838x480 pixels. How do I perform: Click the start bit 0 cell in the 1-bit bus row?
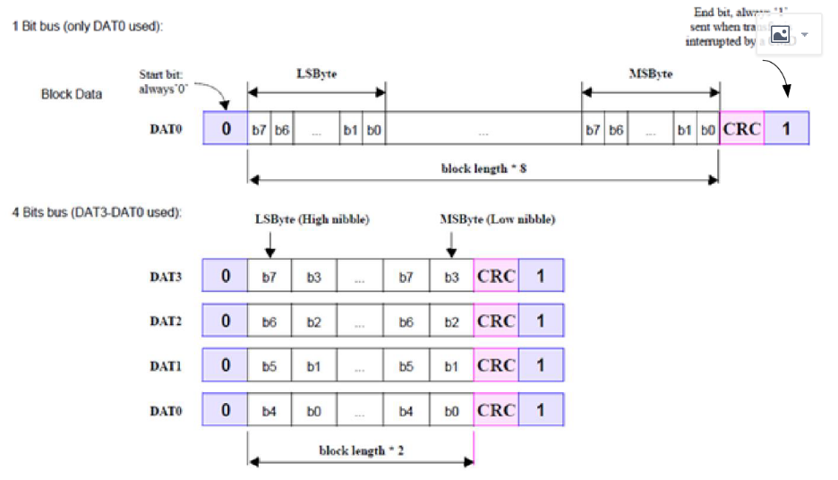coord(226,129)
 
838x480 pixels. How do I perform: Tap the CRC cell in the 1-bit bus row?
coord(741,129)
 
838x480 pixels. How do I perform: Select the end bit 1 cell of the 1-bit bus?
coord(785,129)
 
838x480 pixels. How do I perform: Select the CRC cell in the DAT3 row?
coord(496,276)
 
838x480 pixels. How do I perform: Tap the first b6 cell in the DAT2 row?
coord(269,321)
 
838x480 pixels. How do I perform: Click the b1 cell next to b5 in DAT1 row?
coord(314,365)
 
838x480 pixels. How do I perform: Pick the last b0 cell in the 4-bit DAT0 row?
coord(451,410)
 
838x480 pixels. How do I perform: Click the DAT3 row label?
coord(166,276)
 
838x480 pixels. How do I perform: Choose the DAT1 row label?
coord(166,365)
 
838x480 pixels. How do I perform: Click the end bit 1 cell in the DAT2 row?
coord(541,321)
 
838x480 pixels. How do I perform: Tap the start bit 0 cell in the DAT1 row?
coord(226,365)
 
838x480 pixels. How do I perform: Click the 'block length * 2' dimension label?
coord(361,450)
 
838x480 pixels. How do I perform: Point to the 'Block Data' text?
coord(72,94)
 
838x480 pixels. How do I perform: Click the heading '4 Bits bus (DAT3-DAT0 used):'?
coord(97,212)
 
